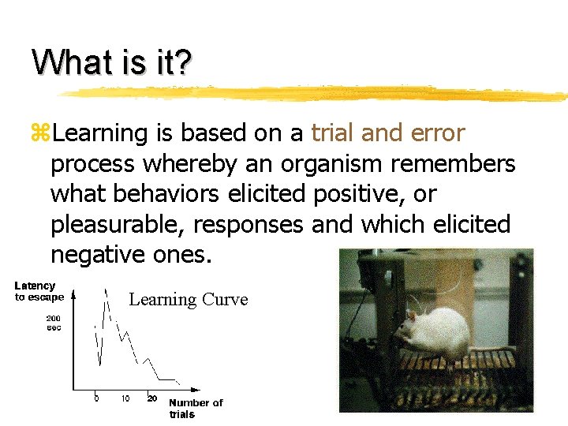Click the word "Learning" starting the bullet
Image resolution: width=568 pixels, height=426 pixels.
pyautogui.click(x=100, y=134)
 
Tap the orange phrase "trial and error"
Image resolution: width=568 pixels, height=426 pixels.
pyautogui.click(x=388, y=133)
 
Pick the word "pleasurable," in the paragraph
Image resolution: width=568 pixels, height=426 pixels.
pyautogui.click(x=118, y=225)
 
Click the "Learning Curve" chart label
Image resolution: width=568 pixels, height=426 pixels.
pyautogui.click(x=188, y=300)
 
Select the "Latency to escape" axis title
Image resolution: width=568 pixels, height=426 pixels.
pyautogui.click(x=37, y=291)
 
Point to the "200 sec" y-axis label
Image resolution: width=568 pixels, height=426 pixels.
pyautogui.click(x=53, y=323)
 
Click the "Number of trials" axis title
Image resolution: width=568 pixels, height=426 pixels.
pyautogui.click(x=196, y=408)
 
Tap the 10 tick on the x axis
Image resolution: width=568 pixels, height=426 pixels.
pyautogui.click(x=125, y=398)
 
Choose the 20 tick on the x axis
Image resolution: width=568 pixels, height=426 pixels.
pyautogui.click(x=151, y=398)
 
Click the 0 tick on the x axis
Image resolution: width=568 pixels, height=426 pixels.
pyautogui.click(x=96, y=398)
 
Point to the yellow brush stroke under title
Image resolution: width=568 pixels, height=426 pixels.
pyautogui.click(x=316, y=93)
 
